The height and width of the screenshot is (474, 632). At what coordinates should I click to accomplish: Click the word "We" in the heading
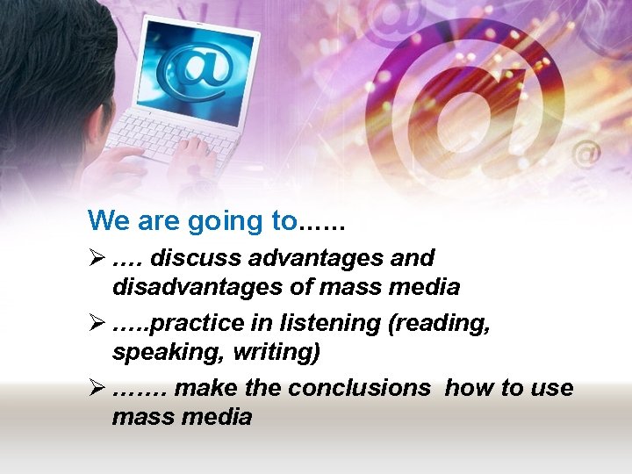click(x=107, y=220)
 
